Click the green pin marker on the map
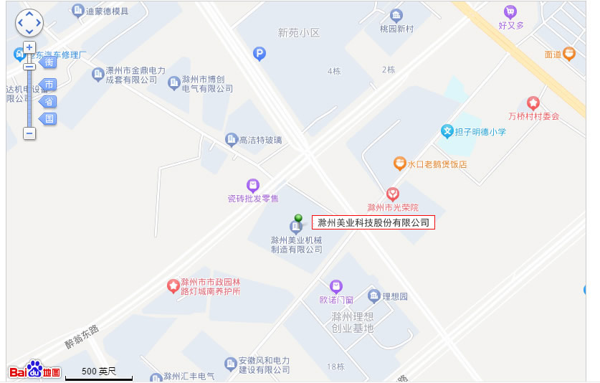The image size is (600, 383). click(298, 218)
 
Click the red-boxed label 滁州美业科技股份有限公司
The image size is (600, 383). click(373, 223)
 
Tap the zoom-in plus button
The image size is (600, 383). click(29, 48)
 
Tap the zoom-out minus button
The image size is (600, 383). click(29, 133)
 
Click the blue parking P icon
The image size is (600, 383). click(259, 52)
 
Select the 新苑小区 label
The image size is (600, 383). click(298, 32)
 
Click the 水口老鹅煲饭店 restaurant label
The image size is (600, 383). click(437, 164)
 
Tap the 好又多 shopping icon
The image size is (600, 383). click(510, 11)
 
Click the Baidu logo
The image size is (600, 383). click(34, 369)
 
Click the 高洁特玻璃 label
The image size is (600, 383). click(260, 140)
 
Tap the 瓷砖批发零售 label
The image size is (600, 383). click(252, 198)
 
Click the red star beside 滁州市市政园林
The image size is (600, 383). click(173, 286)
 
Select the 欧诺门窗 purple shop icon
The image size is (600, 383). click(335, 287)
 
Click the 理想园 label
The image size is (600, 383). click(394, 296)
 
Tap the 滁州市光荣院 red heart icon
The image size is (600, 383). click(392, 194)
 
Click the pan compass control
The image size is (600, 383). click(29, 23)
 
